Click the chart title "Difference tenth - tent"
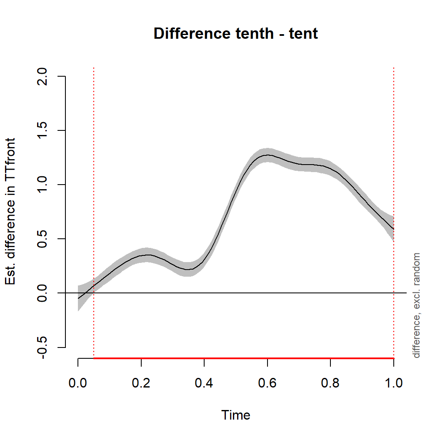[x=235, y=33]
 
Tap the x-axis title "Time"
[x=236, y=415]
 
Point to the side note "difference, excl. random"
[x=416, y=305]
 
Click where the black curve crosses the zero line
[x=86, y=293]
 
